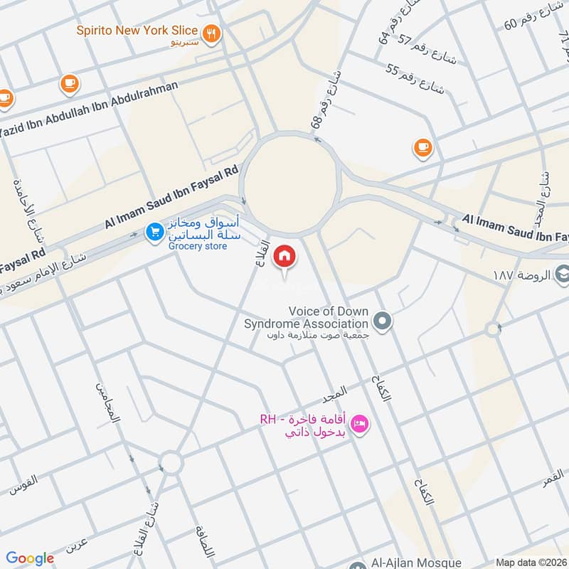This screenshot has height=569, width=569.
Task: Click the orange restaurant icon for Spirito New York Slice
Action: [211, 33]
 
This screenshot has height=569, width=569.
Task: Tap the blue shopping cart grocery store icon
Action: [154, 232]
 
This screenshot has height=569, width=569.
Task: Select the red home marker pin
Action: [284, 256]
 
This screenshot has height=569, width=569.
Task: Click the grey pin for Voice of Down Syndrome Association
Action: [383, 322]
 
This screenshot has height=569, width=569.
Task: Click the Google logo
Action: [30, 558]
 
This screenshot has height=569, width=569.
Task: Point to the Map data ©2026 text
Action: [531, 562]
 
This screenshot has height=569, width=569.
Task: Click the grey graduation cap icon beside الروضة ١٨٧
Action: [563, 274]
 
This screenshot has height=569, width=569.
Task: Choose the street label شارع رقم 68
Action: [326, 100]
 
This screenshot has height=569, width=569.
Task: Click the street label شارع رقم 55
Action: [415, 80]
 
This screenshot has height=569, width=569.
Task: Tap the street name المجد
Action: [334, 392]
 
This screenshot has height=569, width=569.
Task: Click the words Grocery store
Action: [198, 246]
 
